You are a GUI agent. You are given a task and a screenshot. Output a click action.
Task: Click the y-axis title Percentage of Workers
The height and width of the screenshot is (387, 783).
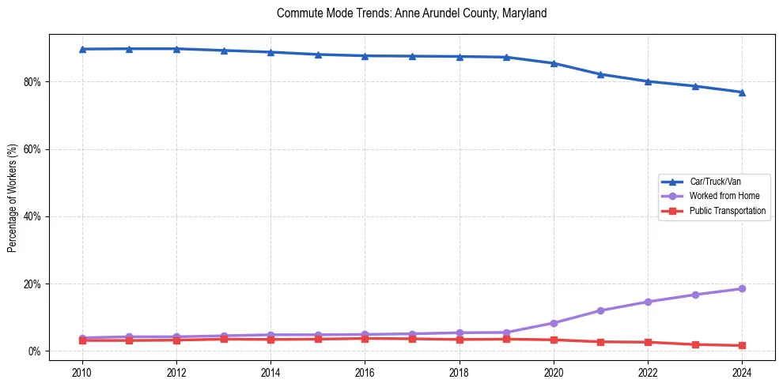tap(13, 197)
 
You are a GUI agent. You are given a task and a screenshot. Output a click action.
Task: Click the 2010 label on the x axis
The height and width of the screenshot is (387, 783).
tap(81, 372)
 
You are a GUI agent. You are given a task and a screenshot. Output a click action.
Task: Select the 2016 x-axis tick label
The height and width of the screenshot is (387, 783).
tap(365, 372)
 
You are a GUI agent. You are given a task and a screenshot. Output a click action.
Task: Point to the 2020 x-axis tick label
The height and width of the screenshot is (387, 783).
tap(554, 372)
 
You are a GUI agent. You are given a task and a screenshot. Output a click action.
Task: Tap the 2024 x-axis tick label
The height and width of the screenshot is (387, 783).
tap(742, 372)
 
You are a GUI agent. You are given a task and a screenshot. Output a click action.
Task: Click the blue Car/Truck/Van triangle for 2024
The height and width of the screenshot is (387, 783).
tap(742, 92)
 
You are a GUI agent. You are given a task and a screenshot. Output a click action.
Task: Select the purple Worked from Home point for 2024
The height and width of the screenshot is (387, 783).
tap(742, 289)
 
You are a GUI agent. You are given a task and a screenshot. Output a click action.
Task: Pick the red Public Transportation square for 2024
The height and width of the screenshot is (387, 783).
tap(742, 346)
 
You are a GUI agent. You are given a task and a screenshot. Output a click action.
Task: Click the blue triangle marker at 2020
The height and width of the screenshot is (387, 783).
tap(554, 63)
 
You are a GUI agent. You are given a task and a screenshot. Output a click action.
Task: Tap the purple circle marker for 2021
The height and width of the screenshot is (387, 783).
tap(600, 310)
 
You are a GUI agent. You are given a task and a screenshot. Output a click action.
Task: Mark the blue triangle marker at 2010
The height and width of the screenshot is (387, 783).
tap(81, 49)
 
